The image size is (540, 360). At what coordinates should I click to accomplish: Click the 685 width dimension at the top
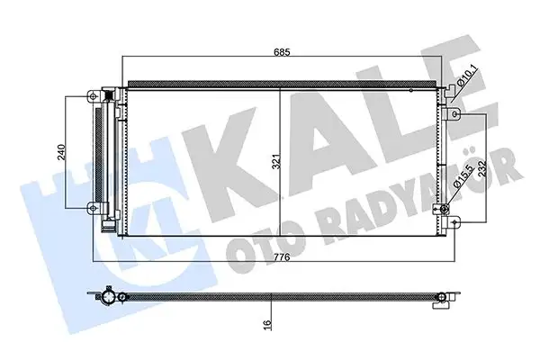coord(283,52)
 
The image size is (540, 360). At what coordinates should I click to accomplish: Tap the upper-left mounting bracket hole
coord(90,96)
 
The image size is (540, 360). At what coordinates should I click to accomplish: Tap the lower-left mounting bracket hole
coord(90,209)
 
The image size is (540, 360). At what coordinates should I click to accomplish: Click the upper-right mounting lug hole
coord(455,114)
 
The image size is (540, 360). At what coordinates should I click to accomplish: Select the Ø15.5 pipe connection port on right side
coord(443,210)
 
